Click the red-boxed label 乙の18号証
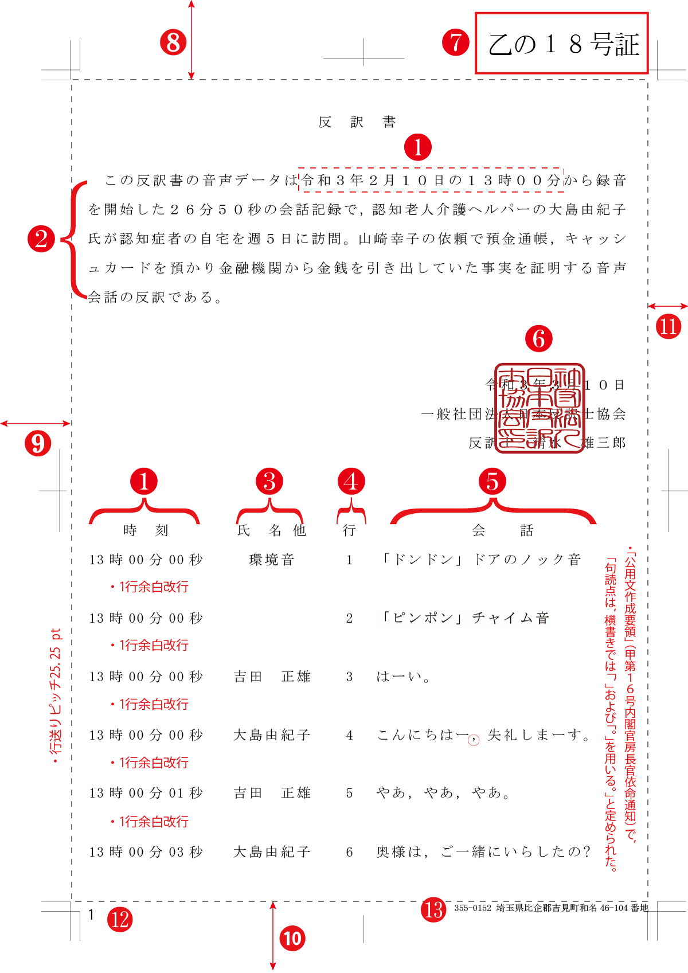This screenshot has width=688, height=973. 562,44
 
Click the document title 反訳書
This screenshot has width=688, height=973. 357,122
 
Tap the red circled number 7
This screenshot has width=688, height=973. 456,42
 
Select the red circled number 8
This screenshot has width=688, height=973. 173,42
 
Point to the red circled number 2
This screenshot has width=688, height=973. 41,239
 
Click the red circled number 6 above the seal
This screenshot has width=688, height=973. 539,339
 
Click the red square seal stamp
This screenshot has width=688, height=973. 540,408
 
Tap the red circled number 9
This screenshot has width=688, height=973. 38,443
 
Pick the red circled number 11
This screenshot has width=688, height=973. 669,327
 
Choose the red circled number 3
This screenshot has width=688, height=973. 269,482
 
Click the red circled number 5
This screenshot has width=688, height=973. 492,482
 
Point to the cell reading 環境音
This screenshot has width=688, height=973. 272,560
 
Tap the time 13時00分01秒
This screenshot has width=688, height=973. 146,794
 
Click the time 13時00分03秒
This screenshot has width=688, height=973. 146,852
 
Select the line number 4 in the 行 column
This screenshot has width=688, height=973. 349,735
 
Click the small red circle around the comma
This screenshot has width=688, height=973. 474,740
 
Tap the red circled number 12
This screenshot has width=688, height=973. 120,920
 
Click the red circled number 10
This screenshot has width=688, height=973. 292,939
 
